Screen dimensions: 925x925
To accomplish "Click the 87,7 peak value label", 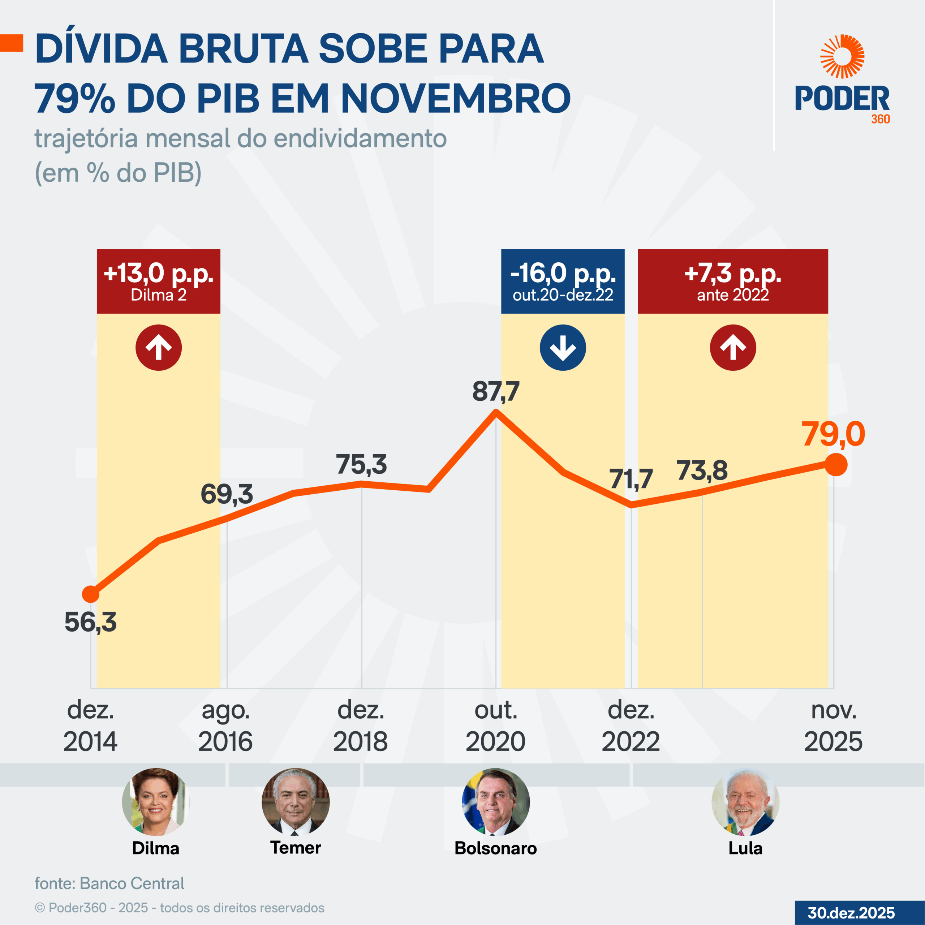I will point(495,392).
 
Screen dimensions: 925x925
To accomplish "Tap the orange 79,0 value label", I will point(834,434).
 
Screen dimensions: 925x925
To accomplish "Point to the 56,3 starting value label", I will point(90,622).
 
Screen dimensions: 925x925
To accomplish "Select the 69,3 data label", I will point(227,494).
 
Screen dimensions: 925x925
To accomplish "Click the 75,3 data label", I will point(361,464).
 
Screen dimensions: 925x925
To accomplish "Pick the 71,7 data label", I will point(631,479).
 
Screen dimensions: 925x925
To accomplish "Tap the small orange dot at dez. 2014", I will point(90,594).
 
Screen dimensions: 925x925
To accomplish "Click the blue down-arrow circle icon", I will point(563,348).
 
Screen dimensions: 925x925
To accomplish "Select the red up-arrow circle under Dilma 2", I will point(159,348).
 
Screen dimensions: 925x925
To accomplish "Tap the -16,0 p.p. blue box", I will point(563,281).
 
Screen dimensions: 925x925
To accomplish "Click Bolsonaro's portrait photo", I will point(495,802).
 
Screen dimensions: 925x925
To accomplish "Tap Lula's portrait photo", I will point(745,802).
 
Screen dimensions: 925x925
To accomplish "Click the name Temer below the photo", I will point(296,847).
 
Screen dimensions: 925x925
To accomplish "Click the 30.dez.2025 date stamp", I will point(851,913).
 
